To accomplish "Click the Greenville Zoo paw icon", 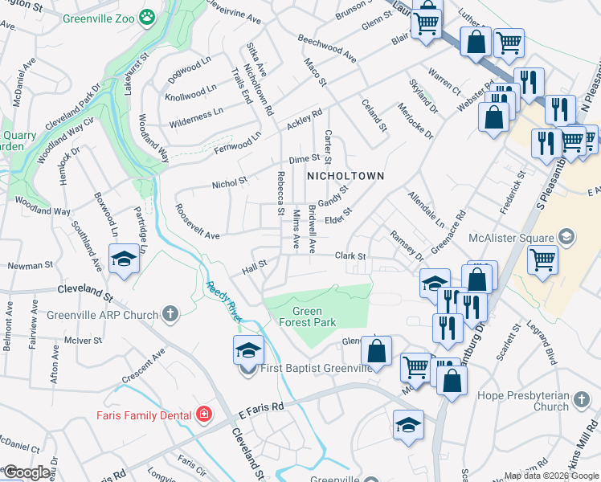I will [147, 16].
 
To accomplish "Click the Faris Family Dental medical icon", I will [204, 415].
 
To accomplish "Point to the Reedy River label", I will [225, 300].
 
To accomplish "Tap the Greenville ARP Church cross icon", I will [170, 313].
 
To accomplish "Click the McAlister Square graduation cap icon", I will [566, 237].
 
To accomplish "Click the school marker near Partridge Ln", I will [122, 259].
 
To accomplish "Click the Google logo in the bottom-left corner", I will [26, 472].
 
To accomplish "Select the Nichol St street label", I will [229, 184].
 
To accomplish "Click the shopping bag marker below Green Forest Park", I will [376, 351].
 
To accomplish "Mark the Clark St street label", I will [350, 256].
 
